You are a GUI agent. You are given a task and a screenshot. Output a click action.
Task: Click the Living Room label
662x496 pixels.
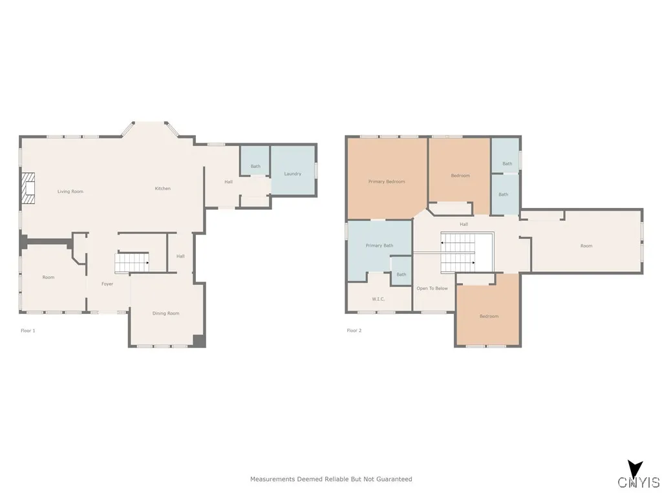coord(70,191)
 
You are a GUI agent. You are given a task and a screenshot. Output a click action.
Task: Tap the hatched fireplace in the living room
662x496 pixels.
coord(28,189)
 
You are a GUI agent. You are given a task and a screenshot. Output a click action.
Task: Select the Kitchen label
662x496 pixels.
coord(162,189)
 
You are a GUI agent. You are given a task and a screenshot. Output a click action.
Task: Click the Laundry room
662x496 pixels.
coord(293,170)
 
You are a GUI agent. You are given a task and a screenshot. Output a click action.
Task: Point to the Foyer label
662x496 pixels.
coord(107,284)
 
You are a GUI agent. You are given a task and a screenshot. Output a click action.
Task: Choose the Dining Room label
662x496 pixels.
coord(166,313)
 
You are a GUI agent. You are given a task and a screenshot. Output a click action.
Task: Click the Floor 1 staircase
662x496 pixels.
coord(132,262)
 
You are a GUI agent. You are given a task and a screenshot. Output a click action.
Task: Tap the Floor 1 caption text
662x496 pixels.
coord(28,331)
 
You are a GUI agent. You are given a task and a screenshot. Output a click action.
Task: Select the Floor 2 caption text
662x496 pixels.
coord(354,331)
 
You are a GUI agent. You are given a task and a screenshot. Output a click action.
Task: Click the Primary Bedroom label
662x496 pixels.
coord(387,181)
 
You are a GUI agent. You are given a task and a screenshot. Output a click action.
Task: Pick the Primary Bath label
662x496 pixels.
coord(379,245)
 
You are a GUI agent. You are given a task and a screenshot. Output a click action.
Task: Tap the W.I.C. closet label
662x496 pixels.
coord(378,299)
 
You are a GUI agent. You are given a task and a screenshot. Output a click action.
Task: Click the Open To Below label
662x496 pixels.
coord(432,289)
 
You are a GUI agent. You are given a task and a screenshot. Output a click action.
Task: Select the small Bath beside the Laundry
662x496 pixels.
coord(255,161)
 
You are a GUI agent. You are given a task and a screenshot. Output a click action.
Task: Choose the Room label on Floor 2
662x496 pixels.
coord(586,246)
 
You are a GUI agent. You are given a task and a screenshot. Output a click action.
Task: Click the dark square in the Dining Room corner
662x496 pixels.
coord(199,340)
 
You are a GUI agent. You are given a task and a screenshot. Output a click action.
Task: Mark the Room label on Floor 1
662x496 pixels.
coord(48,278)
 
